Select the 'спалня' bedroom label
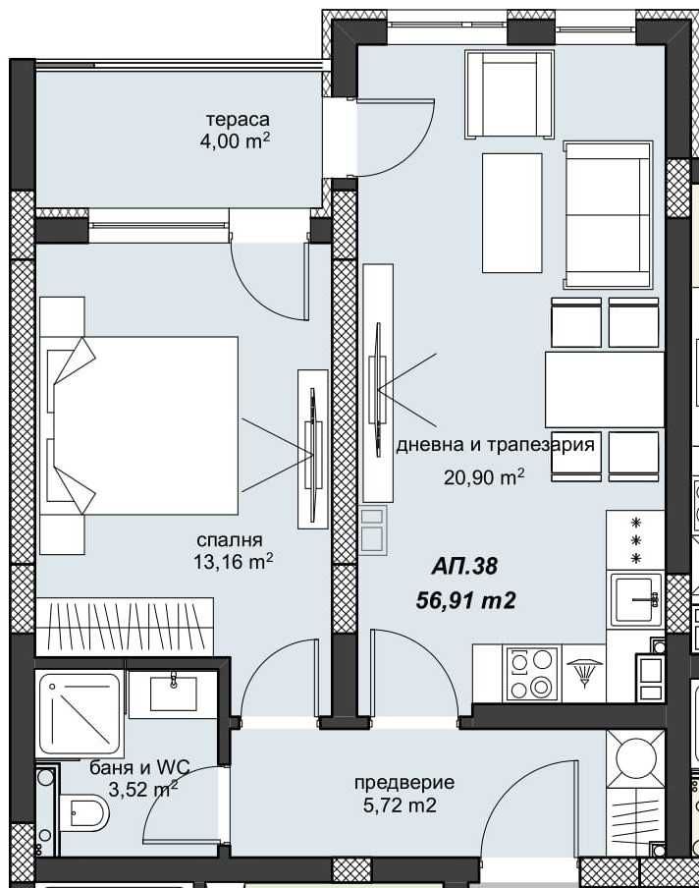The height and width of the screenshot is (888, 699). pyautogui.click(x=230, y=539)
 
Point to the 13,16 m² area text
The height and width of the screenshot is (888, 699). pyautogui.click(x=232, y=562)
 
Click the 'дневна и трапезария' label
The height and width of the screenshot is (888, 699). pyautogui.click(x=495, y=445)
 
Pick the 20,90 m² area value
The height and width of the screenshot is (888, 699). pyautogui.click(x=484, y=477)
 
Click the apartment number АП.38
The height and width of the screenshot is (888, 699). pyautogui.click(x=465, y=567)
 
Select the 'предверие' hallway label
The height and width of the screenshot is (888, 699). pyautogui.click(x=404, y=783)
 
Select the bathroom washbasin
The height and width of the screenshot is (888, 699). pyautogui.click(x=174, y=694)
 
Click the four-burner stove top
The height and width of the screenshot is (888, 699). pyautogui.click(x=531, y=674)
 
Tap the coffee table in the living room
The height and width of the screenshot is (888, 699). pyautogui.click(x=511, y=212)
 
